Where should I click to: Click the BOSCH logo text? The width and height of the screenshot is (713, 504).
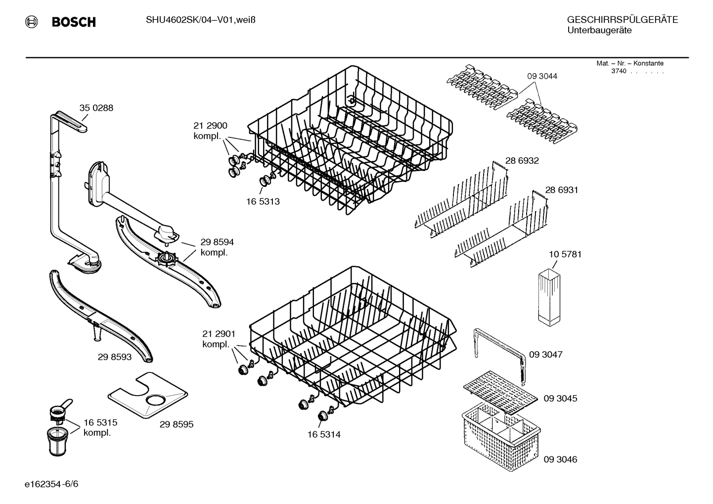[73, 22]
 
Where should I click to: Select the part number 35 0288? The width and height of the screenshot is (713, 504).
[96, 108]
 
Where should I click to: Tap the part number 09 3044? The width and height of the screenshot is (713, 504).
[542, 76]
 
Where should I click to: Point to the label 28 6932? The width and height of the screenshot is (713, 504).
[522, 161]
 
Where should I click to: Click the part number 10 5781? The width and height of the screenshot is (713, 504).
[565, 254]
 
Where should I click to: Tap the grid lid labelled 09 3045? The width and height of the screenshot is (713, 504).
[499, 392]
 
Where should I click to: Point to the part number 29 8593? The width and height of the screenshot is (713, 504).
[114, 357]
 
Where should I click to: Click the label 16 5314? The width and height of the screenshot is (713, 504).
[324, 435]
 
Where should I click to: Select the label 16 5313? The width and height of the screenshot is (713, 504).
[263, 202]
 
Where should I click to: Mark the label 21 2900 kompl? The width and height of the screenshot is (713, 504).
[210, 131]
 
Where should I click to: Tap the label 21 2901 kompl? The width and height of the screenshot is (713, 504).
[219, 339]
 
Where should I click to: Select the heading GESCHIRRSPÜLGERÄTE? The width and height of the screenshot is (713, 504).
[622, 20]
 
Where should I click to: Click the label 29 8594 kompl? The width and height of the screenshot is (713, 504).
[217, 247]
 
